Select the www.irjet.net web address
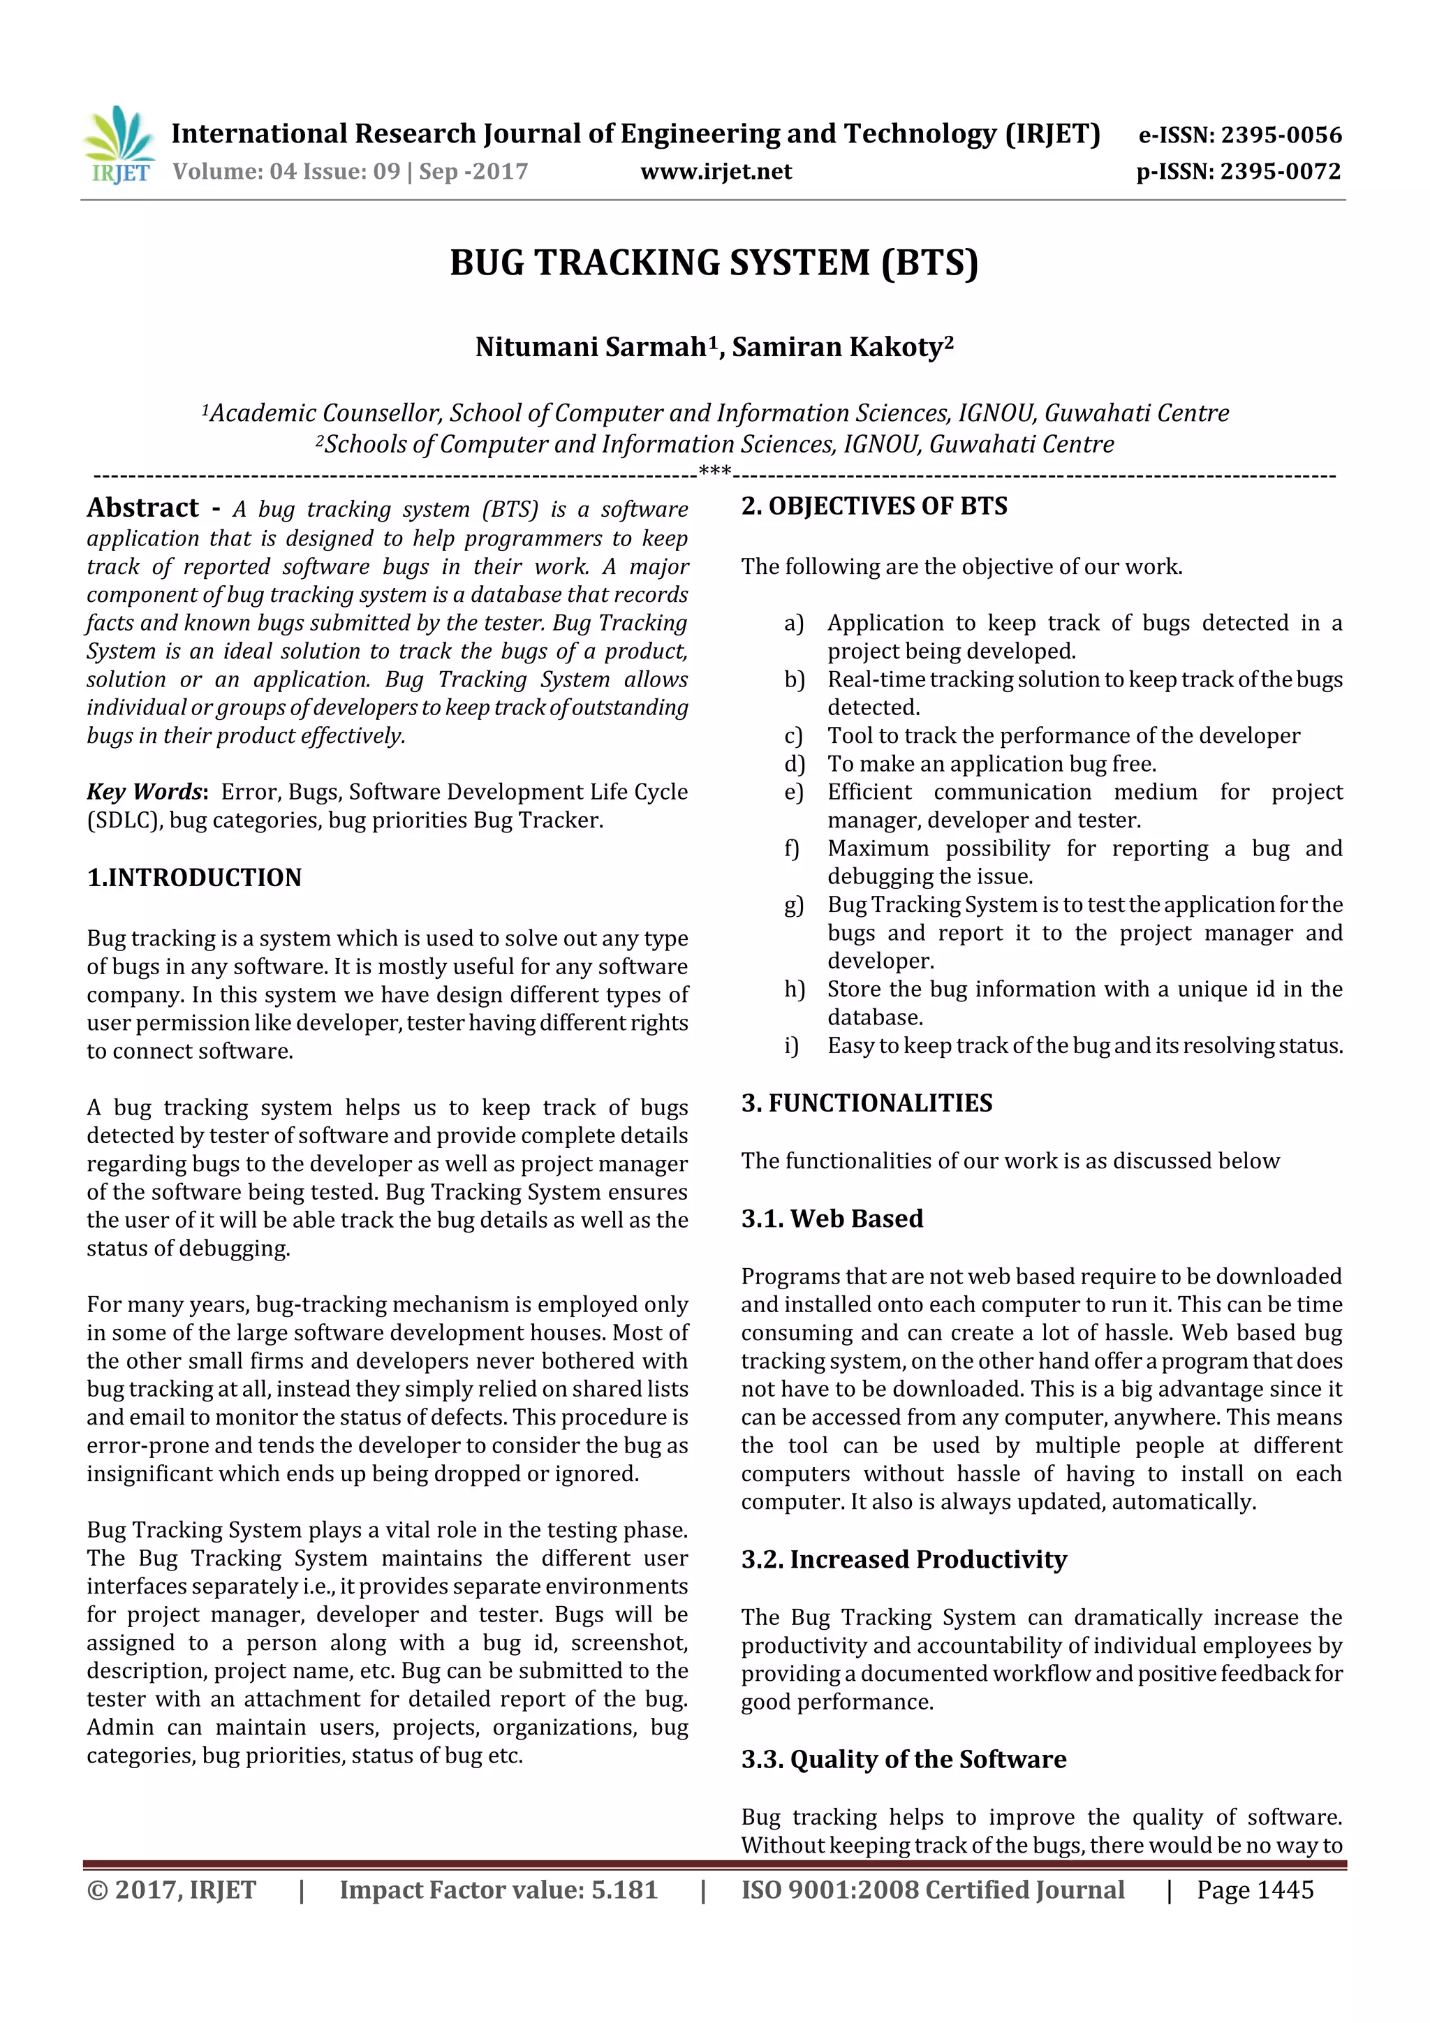716,171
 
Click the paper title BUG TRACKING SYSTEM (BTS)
714,263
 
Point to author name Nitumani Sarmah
590,347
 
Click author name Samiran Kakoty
837,347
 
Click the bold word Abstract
142,508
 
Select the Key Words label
145,791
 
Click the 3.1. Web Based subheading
832,1218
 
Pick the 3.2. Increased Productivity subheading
903,1559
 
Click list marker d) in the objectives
794,764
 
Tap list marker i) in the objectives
791,1046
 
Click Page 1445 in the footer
1255,1889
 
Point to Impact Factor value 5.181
499,1889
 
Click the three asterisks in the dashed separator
714,472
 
